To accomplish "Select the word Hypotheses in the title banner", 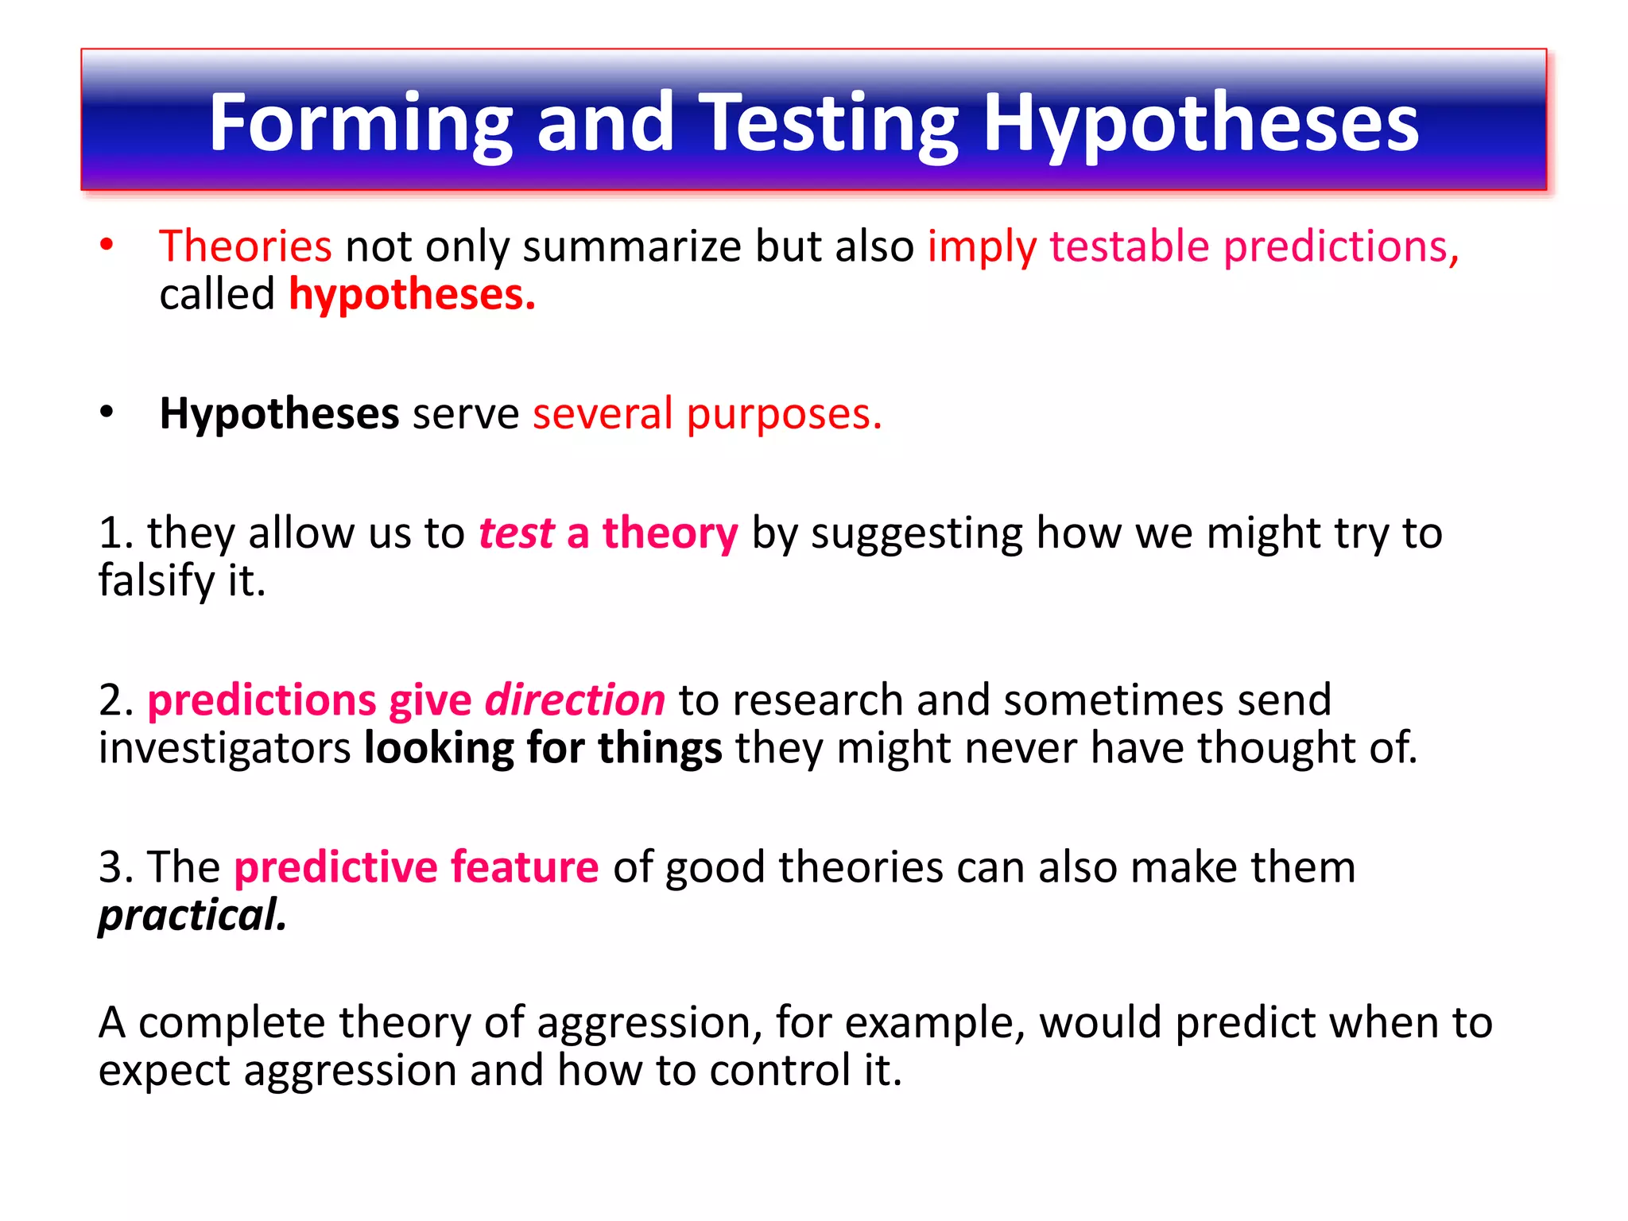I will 1201,123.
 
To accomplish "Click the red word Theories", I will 245,246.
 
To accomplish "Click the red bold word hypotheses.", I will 412,295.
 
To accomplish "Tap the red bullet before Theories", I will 107,245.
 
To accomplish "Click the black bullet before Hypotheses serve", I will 107,413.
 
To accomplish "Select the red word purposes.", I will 784,414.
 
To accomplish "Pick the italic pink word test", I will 516,533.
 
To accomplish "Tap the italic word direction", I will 575,700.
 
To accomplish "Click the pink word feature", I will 525,867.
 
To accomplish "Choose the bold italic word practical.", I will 192,916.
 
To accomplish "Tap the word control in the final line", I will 780,1071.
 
